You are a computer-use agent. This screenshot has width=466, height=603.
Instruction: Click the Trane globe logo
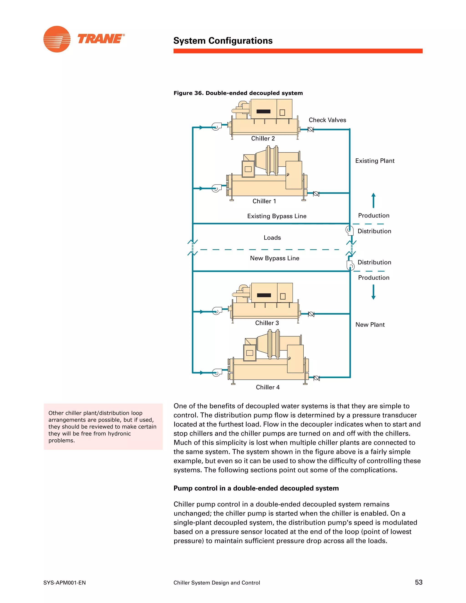(57, 39)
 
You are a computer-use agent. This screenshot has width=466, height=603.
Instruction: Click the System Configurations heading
(223, 41)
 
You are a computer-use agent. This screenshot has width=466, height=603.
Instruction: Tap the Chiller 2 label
(263, 139)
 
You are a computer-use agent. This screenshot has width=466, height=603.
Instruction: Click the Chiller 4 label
(268, 387)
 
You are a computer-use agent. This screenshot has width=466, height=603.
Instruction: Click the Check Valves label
(327, 120)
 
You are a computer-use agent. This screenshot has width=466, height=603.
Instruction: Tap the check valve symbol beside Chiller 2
(311, 129)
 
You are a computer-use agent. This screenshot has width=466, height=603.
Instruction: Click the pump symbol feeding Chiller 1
(216, 188)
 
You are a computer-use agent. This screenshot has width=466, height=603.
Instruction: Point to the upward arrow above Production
(373, 200)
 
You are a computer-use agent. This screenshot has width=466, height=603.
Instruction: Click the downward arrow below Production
(373, 292)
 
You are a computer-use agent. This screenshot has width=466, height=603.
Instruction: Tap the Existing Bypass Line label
(277, 216)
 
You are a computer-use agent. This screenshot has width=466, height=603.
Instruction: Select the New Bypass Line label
(274, 258)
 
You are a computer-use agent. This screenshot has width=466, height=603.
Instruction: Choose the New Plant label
(370, 325)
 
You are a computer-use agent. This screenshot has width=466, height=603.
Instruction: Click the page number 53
(418, 582)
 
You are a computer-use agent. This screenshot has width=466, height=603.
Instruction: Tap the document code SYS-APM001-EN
(65, 583)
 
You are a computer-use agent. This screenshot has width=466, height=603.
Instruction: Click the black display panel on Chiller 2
(263, 111)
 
